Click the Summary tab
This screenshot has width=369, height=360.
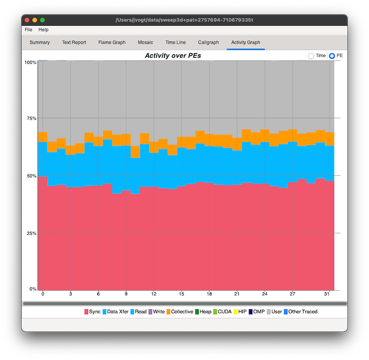pos(39,43)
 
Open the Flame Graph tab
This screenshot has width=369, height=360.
pos(112,43)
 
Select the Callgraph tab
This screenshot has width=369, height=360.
pos(208,43)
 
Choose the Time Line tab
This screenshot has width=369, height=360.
pos(175,43)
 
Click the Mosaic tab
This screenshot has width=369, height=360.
pos(145,43)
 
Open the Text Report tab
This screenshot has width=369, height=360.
pos(74,43)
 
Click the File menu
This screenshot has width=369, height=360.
pos(28,30)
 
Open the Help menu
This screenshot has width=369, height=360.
pos(44,30)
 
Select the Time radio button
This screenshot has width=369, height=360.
pos(311,55)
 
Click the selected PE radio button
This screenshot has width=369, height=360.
pos(332,55)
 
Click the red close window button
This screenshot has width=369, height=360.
pos(27,20)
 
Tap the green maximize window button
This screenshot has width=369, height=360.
pos(43,20)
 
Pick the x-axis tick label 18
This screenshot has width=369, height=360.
pos(209,294)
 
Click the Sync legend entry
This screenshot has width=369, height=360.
pos(92,311)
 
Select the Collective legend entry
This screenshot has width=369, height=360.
pos(179,311)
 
